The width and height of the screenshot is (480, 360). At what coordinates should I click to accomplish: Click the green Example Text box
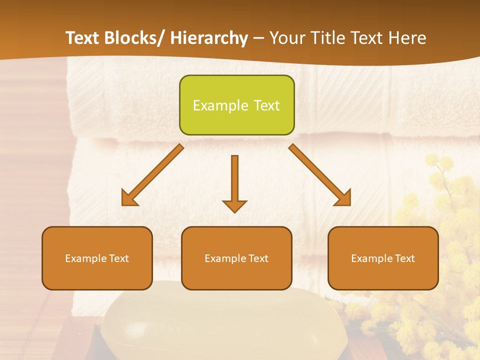236,105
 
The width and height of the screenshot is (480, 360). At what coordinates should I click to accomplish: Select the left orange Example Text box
97,258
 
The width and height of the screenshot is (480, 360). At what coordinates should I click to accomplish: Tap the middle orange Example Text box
236,258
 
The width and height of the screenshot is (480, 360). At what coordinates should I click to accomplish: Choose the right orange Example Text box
383,258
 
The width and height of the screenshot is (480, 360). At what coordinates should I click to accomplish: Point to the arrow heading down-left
153,175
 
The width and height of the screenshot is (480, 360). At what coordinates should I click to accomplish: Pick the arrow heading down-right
319,175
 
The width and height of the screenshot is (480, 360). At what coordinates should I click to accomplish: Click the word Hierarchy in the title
209,38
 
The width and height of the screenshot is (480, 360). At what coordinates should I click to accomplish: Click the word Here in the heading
407,38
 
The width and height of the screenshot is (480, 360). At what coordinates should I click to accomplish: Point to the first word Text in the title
84,38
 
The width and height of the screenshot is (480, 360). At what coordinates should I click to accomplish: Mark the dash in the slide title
258,38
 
